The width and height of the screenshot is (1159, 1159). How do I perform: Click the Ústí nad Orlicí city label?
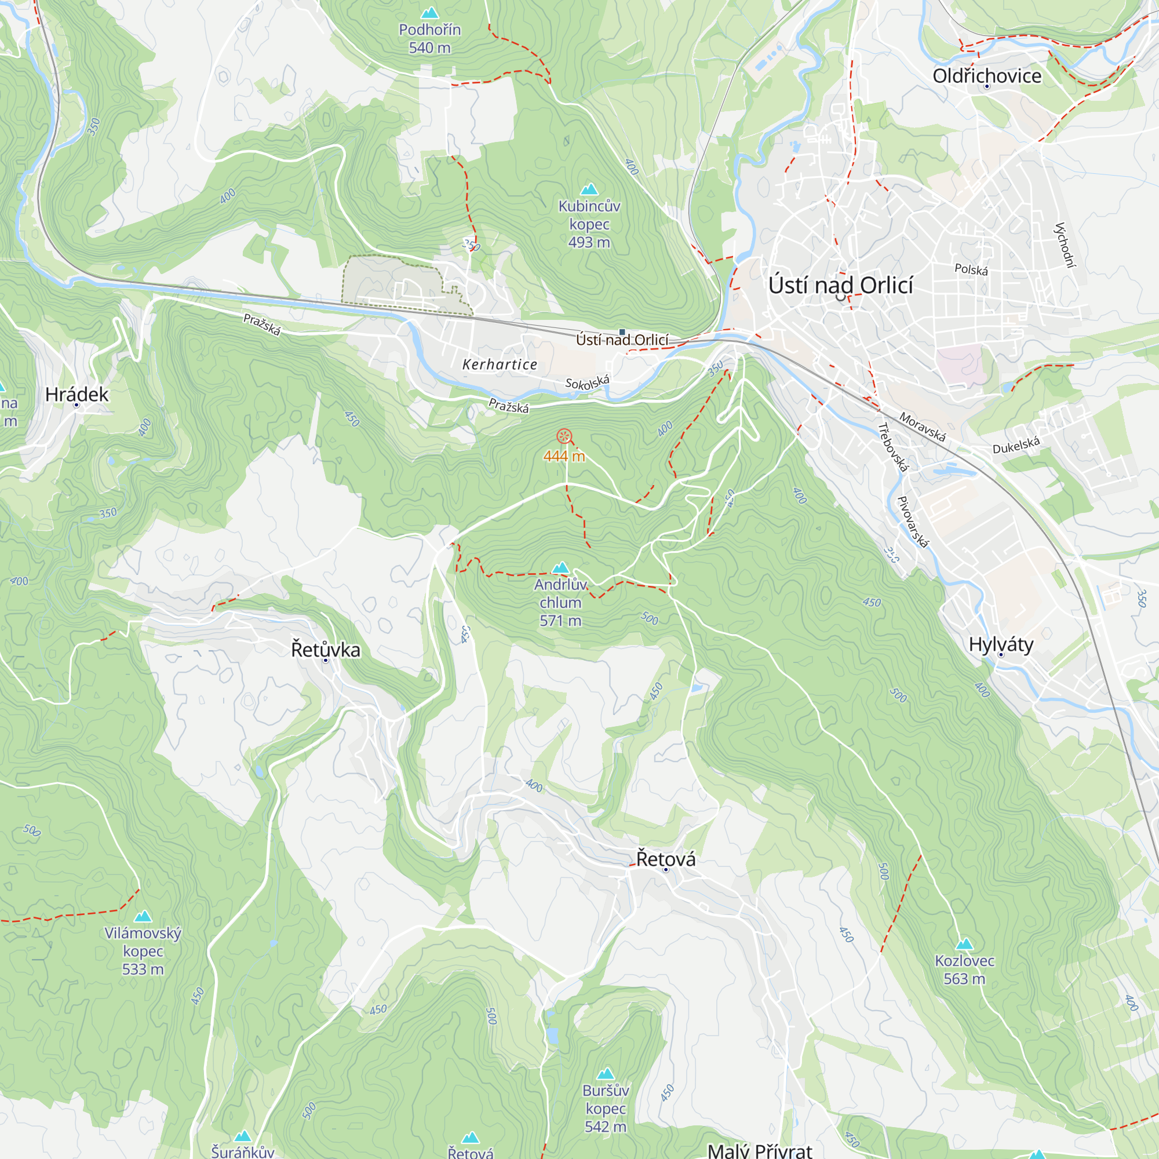pyautogui.click(x=840, y=286)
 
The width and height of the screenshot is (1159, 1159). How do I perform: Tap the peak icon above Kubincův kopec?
pyautogui.click(x=590, y=189)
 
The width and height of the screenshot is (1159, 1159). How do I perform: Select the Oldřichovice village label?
pyautogui.click(x=987, y=76)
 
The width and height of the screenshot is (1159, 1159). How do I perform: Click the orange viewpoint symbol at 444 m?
pyautogui.click(x=564, y=436)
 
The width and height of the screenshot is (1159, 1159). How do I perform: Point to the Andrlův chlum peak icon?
pyautogui.click(x=560, y=567)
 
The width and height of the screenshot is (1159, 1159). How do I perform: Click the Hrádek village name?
pyautogui.click(x=77, y=394)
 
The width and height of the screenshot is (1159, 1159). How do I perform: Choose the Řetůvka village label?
pyautogui.click(x=326, y=650)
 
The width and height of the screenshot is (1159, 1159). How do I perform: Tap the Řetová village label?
pyautogui.click(x=666, y=859)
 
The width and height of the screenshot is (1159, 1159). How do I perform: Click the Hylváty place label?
pyautogui.click(x=1001, y=644)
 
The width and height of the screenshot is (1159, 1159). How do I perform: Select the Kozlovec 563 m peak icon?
pyautogui.click(x=964, y=944)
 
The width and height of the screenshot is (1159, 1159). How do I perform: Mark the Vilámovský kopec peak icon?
pyautogui.click(x=143, y=916)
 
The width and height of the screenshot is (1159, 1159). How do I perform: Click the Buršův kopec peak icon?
pyautogui.click(x=606, y=1074)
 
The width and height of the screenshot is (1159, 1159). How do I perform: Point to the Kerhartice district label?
pyautogui.click(x=500, y=364)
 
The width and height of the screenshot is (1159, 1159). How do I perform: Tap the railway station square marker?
pyautogui.click(x=622, y=331)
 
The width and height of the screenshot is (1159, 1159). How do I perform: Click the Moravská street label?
pyautogui.click(x=922, y=427)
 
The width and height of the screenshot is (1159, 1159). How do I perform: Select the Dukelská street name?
pyautogui.click(x=1016, y=446)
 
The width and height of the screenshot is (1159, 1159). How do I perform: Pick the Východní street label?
pyautogui.click(x=1065, y=245)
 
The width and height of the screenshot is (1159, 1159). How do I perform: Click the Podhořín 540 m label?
pyautogui.click(x=429, y=38)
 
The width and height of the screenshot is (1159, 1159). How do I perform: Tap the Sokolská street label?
pyautogui.click(x=587, y=382)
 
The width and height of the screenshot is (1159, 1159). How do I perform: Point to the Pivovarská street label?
pyautogui.click(x=913, y=522)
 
